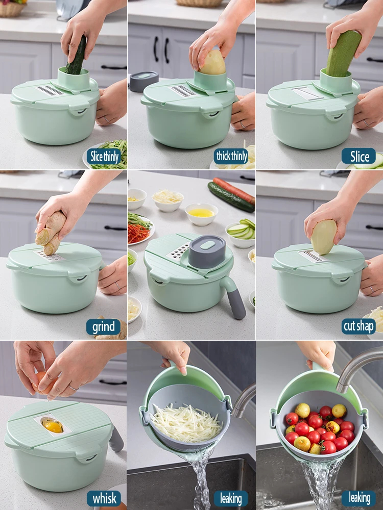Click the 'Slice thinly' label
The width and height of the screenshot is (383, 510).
pos(104,157)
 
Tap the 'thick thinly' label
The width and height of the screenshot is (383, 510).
pos(231,157)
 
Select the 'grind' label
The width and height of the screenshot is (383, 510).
pos(104,326)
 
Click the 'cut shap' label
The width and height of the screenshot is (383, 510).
pos(358,326)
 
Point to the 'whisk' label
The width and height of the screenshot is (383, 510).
pos(104,498)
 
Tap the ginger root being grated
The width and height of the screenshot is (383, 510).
pos(50,232)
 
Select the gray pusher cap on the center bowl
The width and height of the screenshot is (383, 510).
pos(207,251)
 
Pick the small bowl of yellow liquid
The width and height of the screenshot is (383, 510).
pos(202,214)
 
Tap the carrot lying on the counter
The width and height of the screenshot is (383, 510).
pos(234,190)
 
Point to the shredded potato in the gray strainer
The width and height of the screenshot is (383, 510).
pos(186,422)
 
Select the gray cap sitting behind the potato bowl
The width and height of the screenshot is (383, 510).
pos(143,81)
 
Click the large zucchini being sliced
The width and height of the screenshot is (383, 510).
pos(343,54)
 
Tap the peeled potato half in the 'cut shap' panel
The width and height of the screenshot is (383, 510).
pos(323,237)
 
